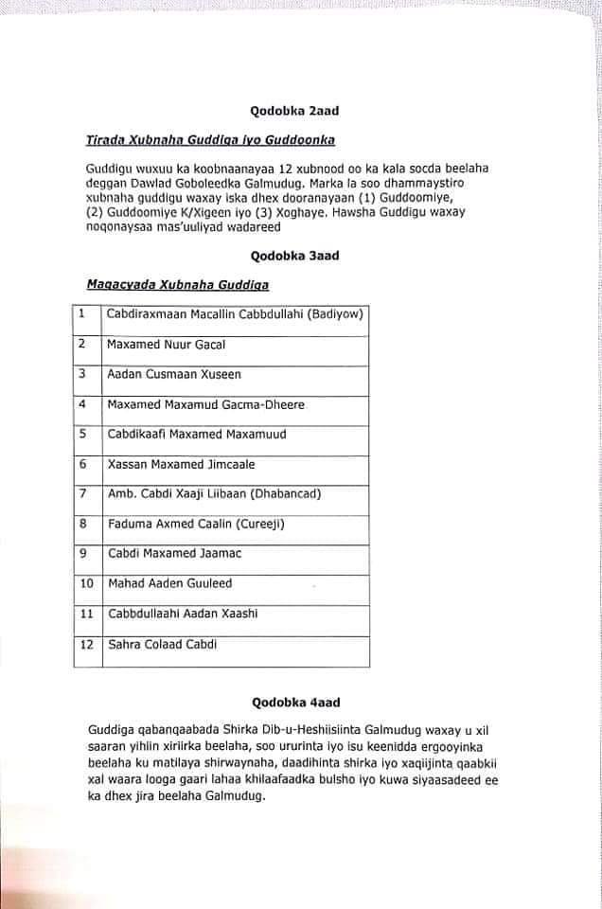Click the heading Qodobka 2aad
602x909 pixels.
[294, 111]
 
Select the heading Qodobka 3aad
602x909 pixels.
[294, 256]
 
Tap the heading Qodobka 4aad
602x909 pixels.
[295, 703]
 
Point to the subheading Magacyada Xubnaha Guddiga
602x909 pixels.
[178, 284]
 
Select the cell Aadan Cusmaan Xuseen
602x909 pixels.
[174, 375]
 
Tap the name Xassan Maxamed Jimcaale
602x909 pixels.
[181, 465]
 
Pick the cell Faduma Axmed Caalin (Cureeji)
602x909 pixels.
[196, 524]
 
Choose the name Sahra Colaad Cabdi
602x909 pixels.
[162, 644]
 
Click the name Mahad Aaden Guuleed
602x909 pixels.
[169, 583]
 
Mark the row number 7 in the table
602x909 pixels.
[83, 493]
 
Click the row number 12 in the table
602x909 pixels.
[86, 644]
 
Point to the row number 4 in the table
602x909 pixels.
[83, 404]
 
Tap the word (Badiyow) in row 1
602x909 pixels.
[336, 314]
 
